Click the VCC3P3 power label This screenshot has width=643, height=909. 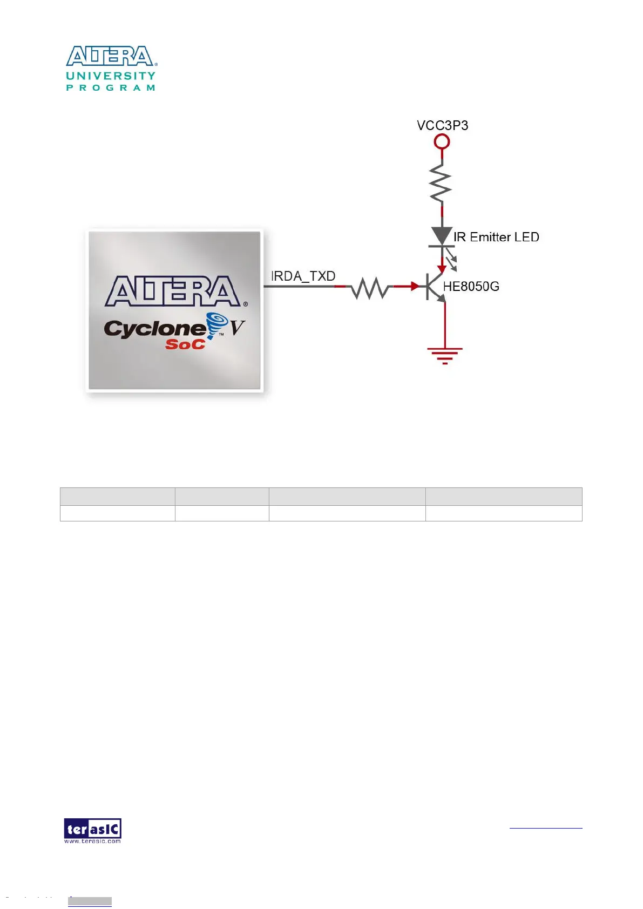(x=442, y=125)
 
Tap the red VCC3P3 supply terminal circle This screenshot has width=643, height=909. (x=442, y=142)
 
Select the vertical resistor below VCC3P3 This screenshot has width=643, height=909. (x=442, y=184)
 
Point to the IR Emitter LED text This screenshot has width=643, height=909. (x=496, y=237)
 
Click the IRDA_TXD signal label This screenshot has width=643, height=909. (x=303, y=276)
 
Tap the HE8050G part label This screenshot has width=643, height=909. (x=471, y=287)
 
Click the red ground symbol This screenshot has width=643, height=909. (x=445, y=355)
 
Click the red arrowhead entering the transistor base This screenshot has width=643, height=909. (x=415, y=287)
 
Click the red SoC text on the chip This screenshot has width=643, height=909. (x=185, y=344)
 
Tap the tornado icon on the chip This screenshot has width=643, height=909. (x=217, y=323)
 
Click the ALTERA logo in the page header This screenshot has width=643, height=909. (x=111, y=56)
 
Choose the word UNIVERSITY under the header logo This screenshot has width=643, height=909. (x=111, y=76)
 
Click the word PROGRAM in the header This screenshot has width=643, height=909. (x=111, y=87)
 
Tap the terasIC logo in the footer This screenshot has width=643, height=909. (x=92, y=830)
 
